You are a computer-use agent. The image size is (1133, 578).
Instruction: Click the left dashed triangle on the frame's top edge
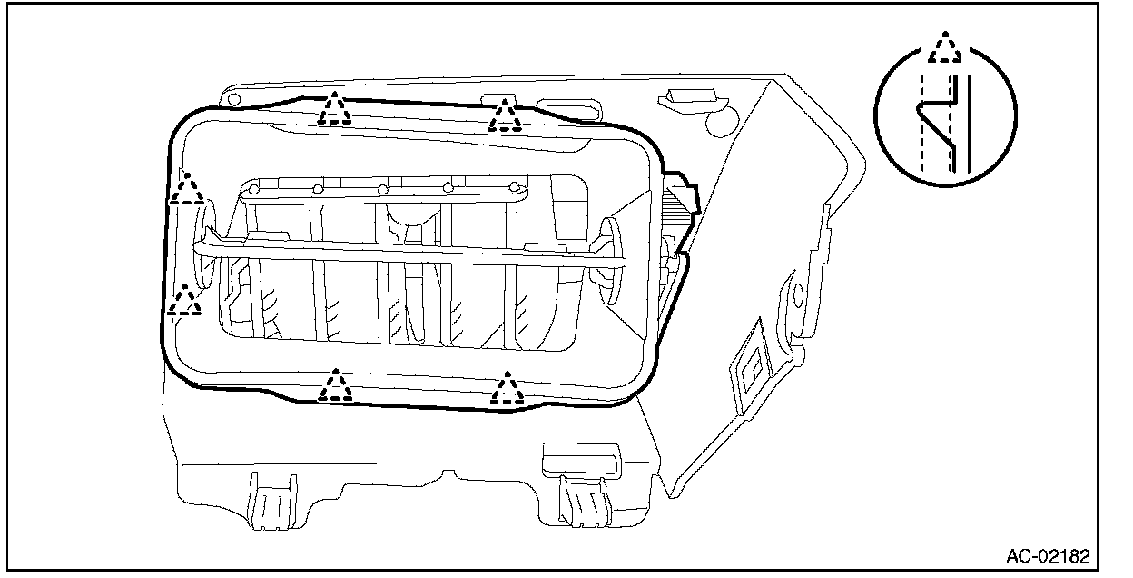coord(335,109)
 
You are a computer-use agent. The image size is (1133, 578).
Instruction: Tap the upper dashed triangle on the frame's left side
coord(188,189)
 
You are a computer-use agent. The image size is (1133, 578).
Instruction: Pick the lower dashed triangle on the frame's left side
coord(185,301)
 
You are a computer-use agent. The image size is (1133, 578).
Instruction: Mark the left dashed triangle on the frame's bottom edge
coord(336,386)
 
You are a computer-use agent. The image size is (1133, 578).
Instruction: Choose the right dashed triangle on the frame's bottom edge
coord(507,389)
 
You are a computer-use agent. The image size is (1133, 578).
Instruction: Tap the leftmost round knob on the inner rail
coord(255,189)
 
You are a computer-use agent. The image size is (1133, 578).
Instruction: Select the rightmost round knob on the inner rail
coord(515,188)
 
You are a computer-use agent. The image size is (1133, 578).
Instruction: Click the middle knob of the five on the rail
coord(383,189)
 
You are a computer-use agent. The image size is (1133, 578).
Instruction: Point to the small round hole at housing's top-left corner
coord(232,97)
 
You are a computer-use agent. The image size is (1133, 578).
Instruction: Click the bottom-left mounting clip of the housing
coord(271,499)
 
